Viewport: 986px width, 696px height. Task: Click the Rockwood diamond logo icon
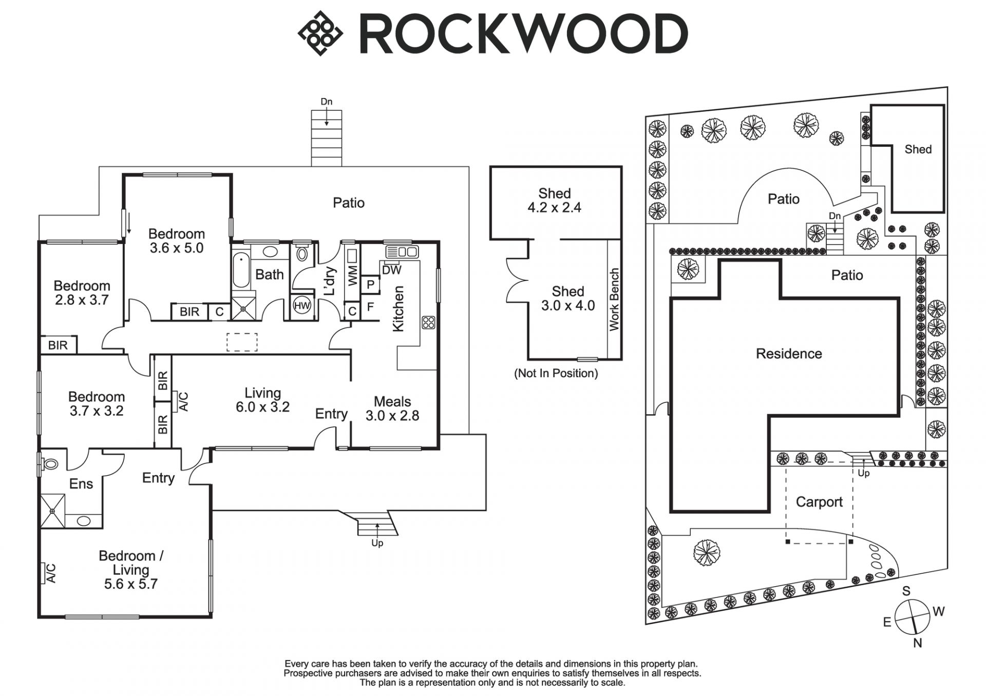[320, 33]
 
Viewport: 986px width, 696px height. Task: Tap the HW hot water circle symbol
[302, 306]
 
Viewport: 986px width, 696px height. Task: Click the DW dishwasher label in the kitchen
[392, 270]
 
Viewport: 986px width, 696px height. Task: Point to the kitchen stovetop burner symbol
[428, 322]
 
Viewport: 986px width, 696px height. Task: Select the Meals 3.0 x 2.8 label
[392, 409]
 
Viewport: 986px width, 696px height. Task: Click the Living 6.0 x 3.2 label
[262, 400]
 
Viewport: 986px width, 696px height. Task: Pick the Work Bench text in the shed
[614, 300]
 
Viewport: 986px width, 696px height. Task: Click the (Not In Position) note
[556, 373]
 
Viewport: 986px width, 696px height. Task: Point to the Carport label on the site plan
[819, 502]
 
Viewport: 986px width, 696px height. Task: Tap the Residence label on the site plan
[789, 354]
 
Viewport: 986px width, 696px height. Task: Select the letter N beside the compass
[918, 643]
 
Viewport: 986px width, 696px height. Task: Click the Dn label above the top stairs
[327, 102]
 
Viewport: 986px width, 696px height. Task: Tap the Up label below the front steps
[377, 543]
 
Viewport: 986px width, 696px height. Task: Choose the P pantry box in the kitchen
[370, 284]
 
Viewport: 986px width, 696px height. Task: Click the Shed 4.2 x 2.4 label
[555, 200]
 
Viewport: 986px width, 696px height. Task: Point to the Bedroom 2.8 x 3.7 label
[82, 293]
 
